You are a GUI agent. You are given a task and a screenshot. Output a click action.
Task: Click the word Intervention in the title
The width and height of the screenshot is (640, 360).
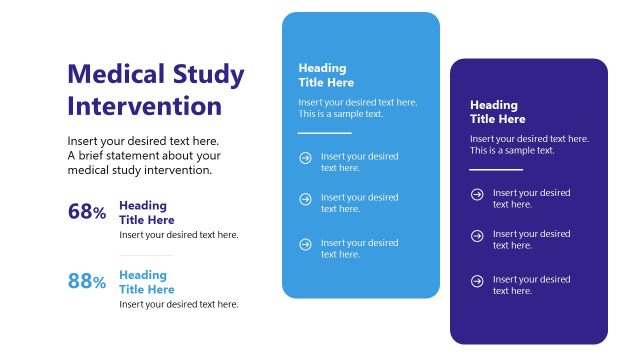144,106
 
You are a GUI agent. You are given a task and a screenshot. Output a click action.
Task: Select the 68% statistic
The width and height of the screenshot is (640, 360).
87,212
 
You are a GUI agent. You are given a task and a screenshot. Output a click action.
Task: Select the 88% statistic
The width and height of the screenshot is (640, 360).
87,282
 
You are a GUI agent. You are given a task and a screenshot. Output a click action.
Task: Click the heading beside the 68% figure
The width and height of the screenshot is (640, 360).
146,213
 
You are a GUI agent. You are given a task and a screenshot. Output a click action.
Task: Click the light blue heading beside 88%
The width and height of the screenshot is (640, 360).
146,282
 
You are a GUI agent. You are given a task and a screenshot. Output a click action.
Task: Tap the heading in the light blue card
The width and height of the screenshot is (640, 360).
326,75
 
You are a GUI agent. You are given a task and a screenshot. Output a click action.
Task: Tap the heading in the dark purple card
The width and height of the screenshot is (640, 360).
497,112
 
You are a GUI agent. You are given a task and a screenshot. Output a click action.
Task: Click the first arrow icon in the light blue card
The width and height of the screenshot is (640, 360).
305,157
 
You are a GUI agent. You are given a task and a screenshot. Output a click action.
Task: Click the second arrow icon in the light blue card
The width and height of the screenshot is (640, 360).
305,198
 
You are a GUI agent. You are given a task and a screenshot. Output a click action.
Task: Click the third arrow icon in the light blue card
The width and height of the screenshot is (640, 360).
305,243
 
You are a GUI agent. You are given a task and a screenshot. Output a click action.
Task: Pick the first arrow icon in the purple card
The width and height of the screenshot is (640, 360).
477,193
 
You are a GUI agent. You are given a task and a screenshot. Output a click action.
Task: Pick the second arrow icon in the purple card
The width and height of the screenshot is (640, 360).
477,235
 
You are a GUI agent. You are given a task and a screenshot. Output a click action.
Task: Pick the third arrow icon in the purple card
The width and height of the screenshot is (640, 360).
477,280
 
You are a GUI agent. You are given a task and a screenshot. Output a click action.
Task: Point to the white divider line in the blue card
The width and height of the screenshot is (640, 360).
325,132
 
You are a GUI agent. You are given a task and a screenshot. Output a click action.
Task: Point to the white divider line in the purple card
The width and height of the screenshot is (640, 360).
496,169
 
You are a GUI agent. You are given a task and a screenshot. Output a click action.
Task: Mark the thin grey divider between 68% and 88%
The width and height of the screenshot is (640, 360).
146,256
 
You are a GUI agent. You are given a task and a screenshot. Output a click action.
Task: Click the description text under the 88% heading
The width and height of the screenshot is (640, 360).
178,305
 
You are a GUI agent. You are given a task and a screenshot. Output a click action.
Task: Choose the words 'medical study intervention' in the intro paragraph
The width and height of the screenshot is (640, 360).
140,170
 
